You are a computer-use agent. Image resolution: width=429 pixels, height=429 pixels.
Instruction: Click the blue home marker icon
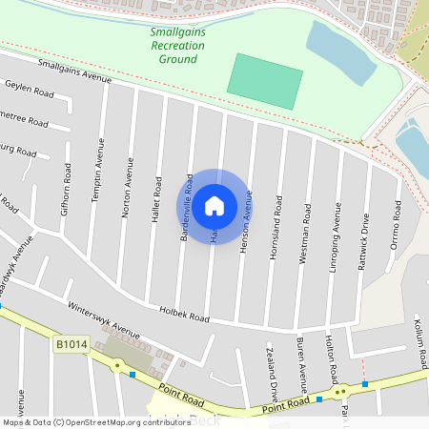[214, 205]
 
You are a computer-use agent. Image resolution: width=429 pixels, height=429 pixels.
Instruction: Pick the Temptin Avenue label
[97, 169]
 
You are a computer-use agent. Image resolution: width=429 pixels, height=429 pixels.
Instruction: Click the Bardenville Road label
[188, 207]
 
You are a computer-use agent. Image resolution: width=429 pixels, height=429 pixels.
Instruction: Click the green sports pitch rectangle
[266, 81]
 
